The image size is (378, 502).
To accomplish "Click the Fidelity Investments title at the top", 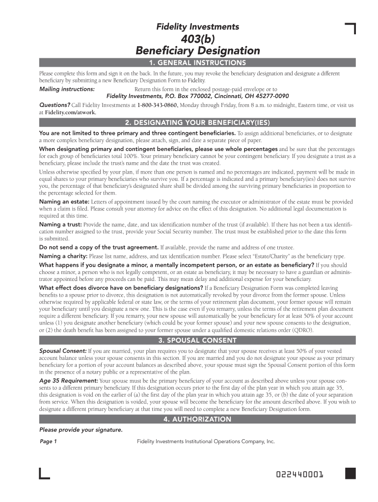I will [197, 27].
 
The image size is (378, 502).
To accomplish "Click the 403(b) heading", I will [197, 39].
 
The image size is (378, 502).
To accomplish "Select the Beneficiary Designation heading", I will [197, 50].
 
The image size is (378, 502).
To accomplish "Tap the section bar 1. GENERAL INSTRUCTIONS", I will [197, 63].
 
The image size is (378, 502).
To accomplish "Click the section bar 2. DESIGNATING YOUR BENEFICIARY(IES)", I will [197, 123].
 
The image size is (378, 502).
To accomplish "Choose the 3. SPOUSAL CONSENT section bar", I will [197, 340].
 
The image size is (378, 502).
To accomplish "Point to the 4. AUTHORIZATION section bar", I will [197, 419].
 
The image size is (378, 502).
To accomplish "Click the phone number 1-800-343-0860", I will [157, 105].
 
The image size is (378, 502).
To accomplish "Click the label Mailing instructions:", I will [67, 89].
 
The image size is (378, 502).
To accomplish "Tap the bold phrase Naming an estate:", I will [64, 202].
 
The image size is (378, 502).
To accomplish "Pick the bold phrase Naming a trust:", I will [61, 224].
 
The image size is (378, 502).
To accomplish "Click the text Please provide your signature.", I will [81, 430].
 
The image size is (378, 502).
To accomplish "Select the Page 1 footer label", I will [48, 442].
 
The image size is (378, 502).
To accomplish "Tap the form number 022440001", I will [299, 475].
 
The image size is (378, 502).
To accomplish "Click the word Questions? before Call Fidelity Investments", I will [54, 105].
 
